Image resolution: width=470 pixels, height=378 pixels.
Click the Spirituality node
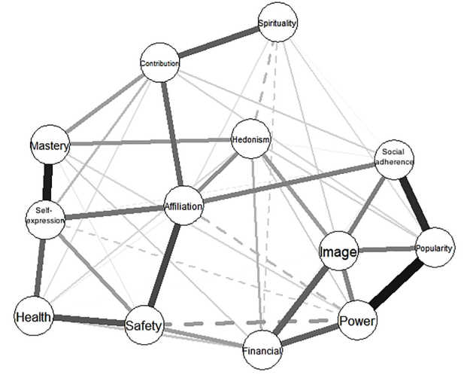click(x=277, y=23)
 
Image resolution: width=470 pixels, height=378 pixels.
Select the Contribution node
click(x=160, y=63)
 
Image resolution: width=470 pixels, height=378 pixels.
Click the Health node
click(x=34, y=317)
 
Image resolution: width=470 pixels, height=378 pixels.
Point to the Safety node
click(x=144, y=325)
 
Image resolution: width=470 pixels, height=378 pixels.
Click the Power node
click(x=356, y=322)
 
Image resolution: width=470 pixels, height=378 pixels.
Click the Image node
click(x=337, y=253)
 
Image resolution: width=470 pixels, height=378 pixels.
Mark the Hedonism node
click(x=251, y=139)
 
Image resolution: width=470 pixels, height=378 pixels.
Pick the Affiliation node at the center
click(x=183, y=206)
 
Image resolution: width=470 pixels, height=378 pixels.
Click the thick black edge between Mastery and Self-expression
click(x=48, y=181)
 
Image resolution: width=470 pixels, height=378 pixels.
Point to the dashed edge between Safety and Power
click(x=248, y=324)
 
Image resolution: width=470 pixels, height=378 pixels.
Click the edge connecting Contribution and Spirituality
click(x=218, y=44)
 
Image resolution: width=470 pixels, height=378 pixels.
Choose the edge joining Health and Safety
click(x=88, y=321)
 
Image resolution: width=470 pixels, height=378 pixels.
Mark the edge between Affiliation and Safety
click(x=164, y=264)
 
